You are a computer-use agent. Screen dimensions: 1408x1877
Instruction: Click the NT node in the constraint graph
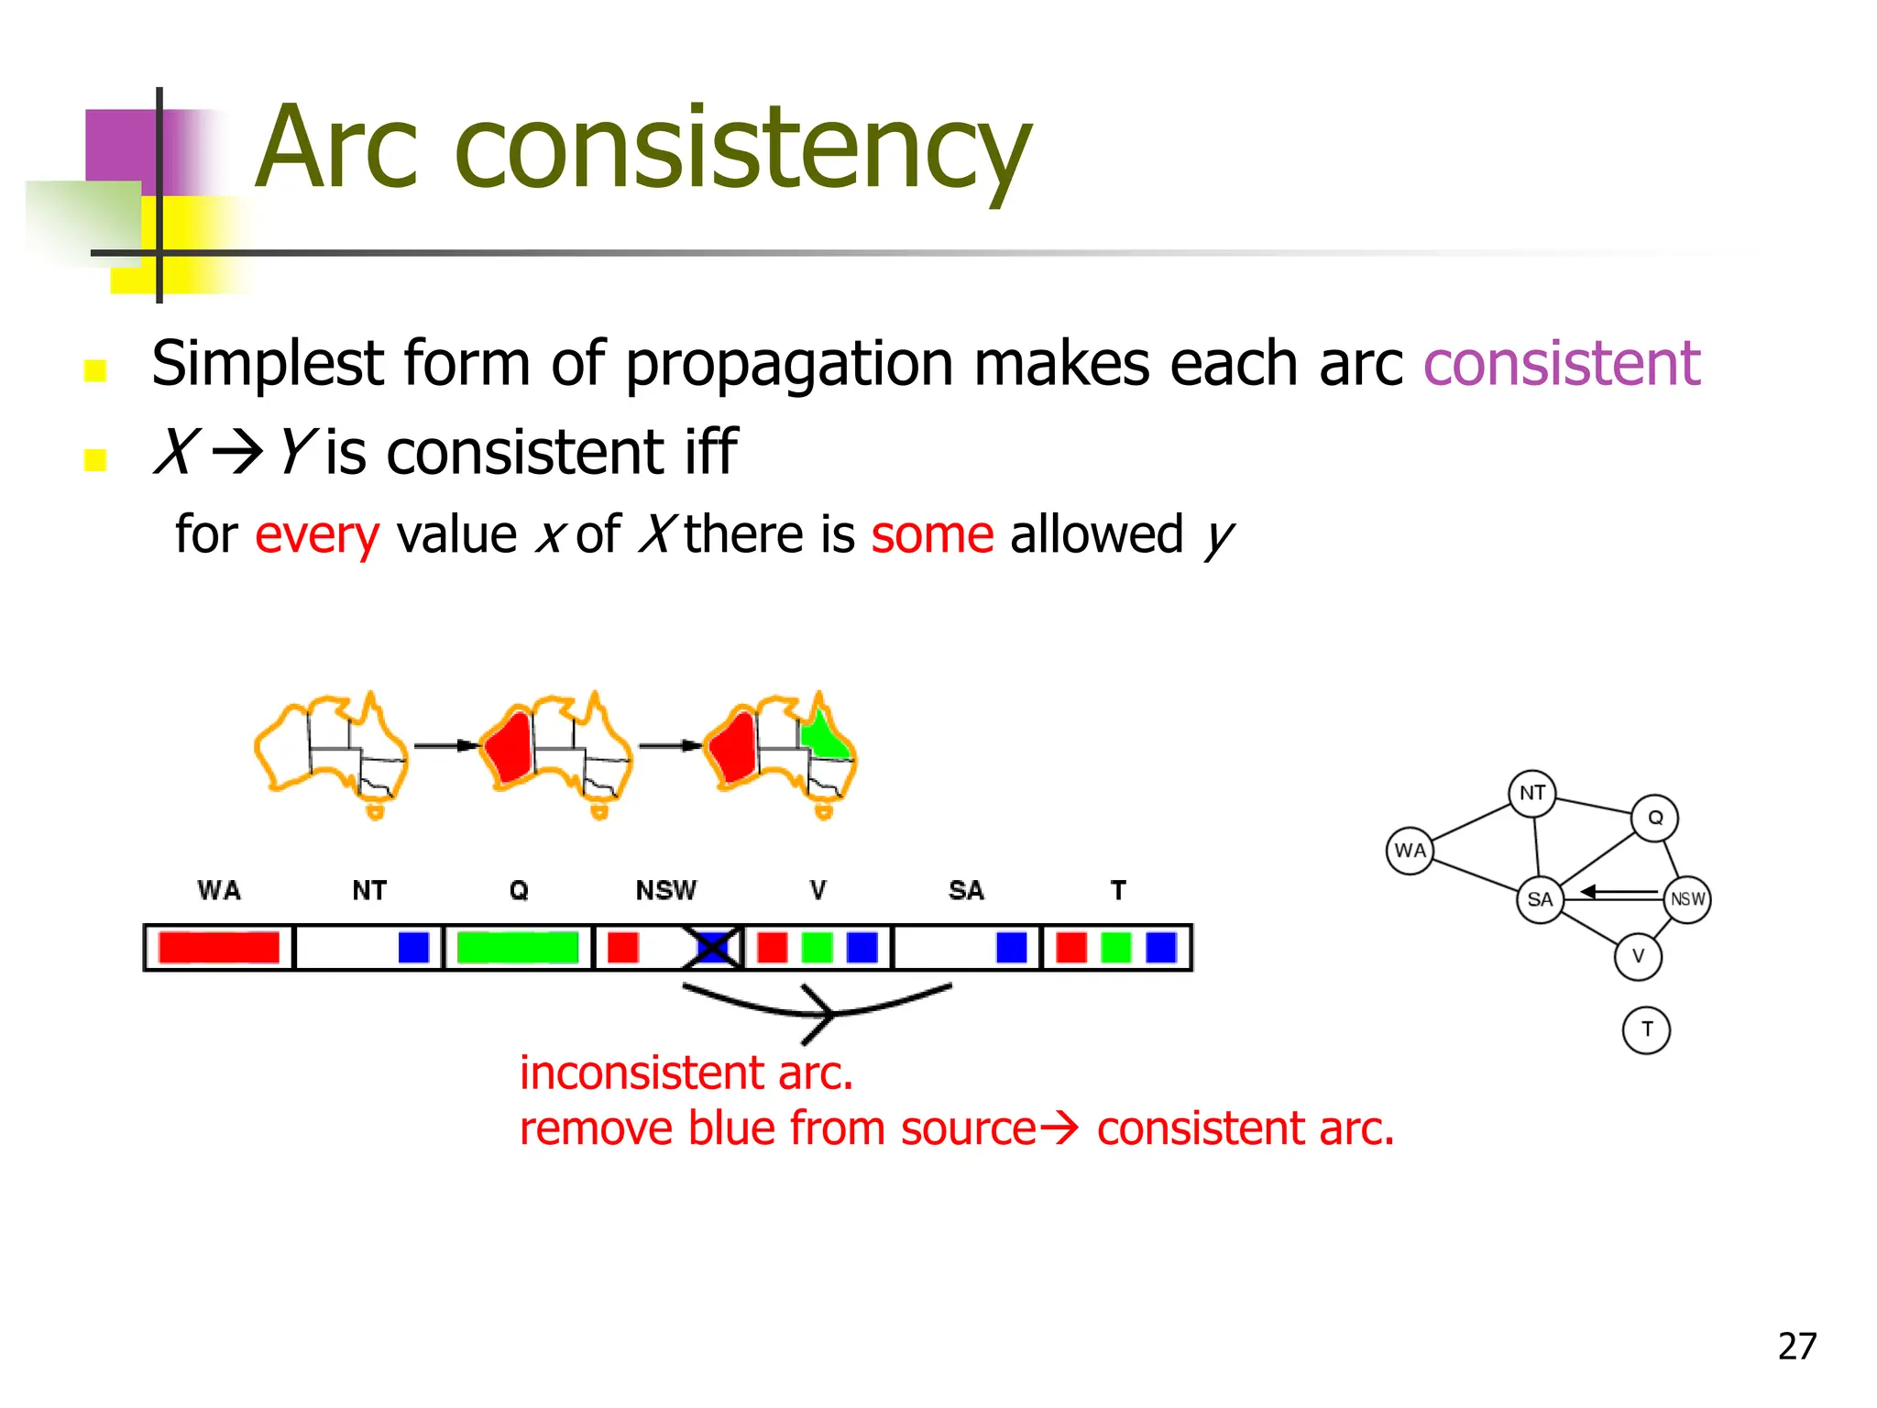tap(1531, 793)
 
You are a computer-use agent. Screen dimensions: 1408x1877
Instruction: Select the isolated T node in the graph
tap(1646, 1029)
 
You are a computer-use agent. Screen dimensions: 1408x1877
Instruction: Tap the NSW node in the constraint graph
tap(1686, 899)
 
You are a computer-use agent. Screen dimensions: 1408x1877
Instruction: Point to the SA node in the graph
tap(1540, 899)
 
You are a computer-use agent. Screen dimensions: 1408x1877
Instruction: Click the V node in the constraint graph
tap(1638, 956)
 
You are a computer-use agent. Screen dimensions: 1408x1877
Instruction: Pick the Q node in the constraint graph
tap(1654, 818)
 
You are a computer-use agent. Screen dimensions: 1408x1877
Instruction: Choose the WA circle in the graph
tap(1410, 851)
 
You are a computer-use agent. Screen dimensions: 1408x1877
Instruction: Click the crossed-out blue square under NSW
tap(712, 947)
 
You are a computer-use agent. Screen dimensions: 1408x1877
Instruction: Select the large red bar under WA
tap(218, 947)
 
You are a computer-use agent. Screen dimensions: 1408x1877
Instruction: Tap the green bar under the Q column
tap(518, 947)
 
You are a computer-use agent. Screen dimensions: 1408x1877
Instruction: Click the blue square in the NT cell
tap(413, 947)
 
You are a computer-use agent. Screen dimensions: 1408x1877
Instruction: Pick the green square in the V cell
tap(817, 947)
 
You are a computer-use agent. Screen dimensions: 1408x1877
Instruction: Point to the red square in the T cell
tap(1071, 947)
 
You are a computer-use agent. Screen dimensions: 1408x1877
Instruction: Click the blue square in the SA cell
tap(1011, 947)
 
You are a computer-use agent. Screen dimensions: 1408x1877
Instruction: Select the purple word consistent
tap(1561, 364)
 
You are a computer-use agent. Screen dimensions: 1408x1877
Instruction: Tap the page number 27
tap(1796, 1346)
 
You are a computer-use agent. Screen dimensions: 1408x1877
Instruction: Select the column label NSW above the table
tap(666, 890)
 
